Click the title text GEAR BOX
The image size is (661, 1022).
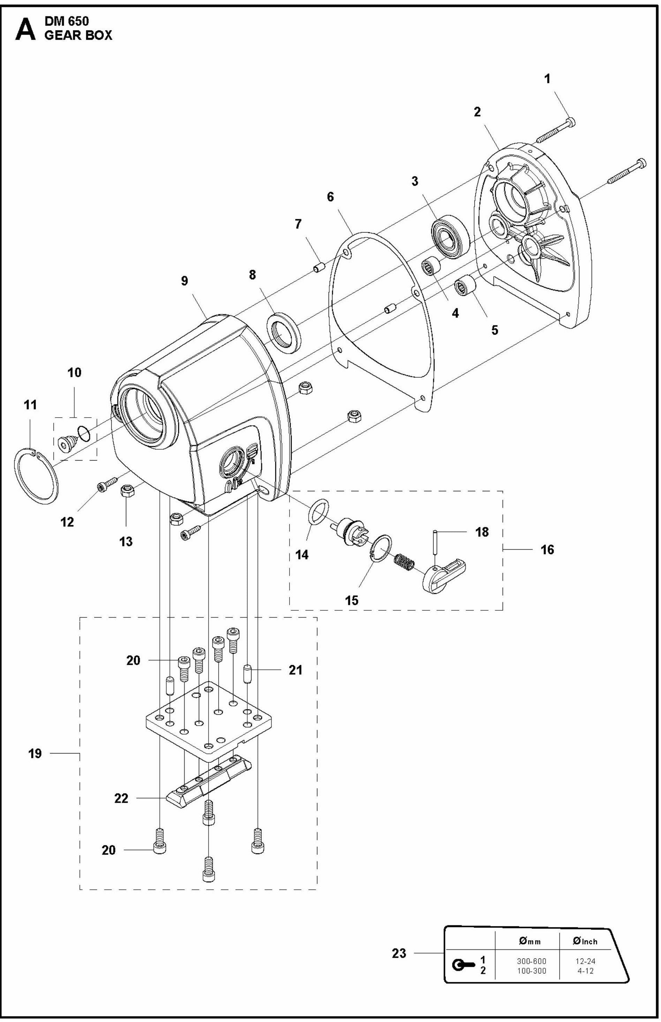78,35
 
